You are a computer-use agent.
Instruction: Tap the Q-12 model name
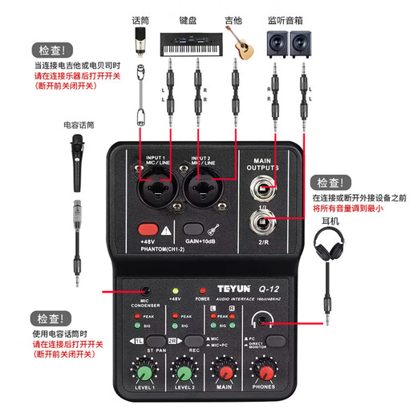coord(253,292)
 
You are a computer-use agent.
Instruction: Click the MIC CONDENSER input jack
coord(144,291)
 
